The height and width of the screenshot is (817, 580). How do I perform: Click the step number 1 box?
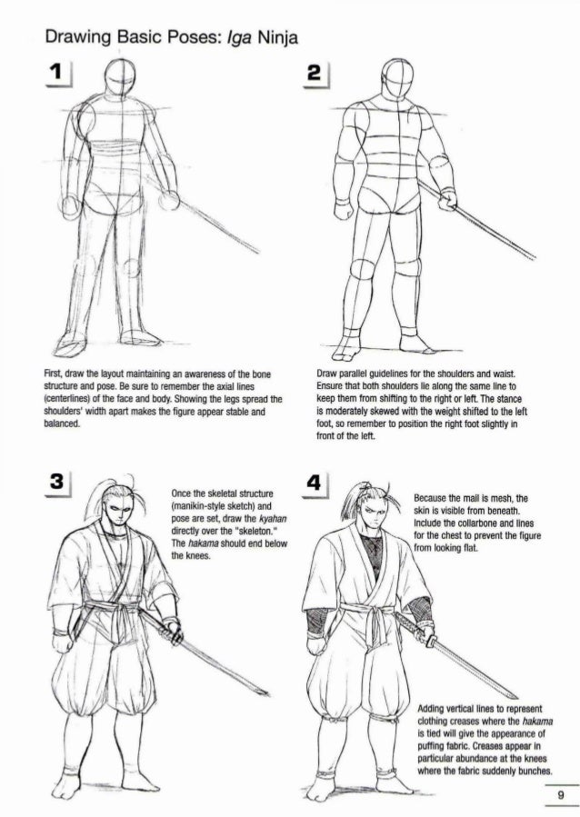coord(58,73)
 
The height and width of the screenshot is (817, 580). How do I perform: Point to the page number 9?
coord(561,794)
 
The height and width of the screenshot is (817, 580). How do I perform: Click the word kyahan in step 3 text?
coord(273,519)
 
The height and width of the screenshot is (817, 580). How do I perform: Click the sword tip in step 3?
coord(268,694)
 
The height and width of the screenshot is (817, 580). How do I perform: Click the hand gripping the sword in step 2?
coord(446,201)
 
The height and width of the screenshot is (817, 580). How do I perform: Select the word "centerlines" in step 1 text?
coord(69,400)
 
